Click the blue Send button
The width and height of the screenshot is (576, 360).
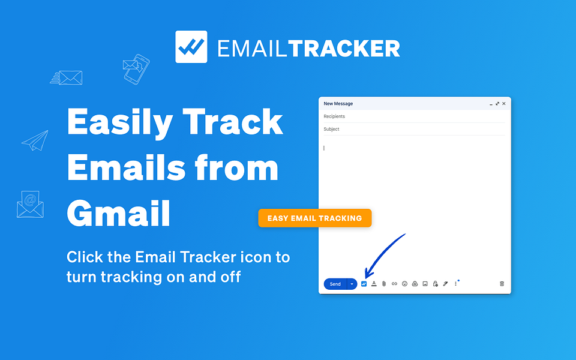coord(335,284)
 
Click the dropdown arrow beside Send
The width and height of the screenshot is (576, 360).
coord(352,284)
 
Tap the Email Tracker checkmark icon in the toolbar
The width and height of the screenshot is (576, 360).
coord(364,284)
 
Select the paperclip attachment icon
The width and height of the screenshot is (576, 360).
coord(384,284)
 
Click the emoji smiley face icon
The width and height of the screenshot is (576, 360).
coord(404,284)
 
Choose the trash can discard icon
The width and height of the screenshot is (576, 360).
coord(502,284)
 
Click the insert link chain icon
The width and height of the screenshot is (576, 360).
coord(394,284)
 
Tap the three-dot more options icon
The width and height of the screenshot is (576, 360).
coord(455,284)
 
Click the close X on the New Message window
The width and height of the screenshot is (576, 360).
coord(504,104)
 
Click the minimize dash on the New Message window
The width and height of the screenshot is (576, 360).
coord(491,104)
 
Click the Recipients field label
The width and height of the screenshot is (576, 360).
coord(334,116)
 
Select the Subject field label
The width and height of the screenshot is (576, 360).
coord(331,129)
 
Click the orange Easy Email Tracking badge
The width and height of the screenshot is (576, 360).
coord(315,218)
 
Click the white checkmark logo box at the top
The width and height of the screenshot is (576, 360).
coord(191,47)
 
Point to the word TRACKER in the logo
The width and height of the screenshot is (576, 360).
coord(344,48)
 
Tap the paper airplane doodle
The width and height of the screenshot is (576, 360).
coord(35,140)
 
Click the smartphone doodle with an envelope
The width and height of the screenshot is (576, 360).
coord(136,68)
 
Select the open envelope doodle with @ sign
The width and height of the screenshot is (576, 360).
coord(30,204)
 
